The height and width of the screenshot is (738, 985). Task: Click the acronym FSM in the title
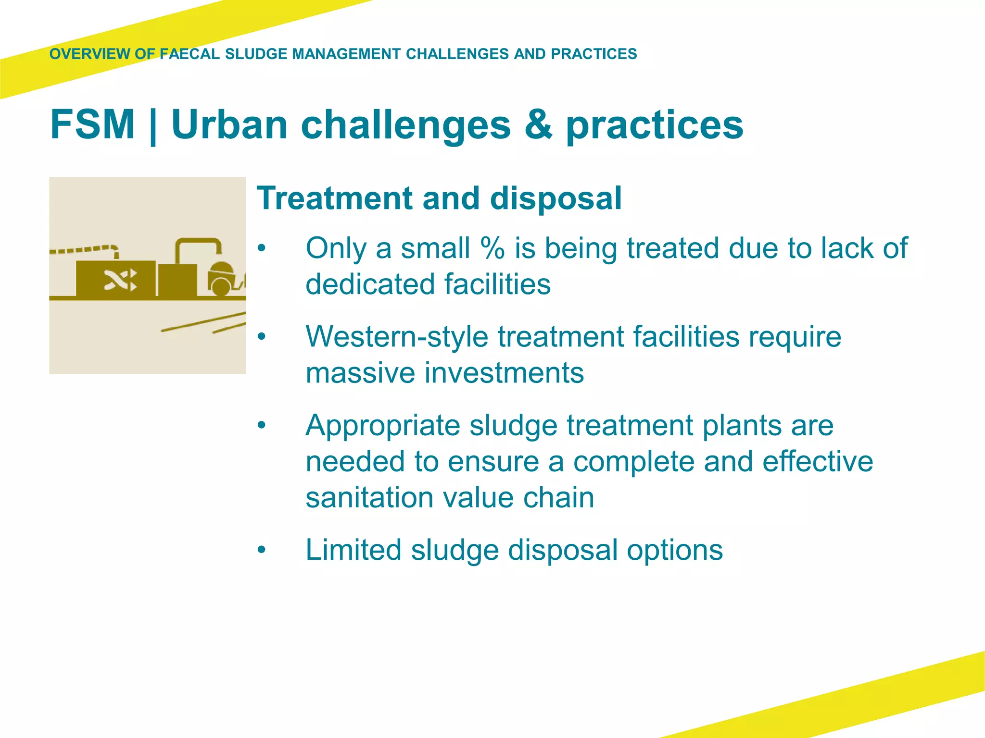(92, 124)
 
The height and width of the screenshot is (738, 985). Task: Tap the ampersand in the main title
(538, 124)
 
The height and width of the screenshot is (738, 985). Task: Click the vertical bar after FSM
(153, 126)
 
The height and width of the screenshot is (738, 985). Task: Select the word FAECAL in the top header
(189, 54)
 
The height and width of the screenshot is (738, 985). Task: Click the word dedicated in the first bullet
(370, 284)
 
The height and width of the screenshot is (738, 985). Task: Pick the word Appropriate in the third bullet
(383, 426)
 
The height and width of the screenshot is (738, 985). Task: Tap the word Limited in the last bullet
(353, 550)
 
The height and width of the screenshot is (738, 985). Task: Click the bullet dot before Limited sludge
(261, 550)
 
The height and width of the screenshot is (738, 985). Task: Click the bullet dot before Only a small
(261, 248)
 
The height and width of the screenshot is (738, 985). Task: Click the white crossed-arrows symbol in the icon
(120, 280)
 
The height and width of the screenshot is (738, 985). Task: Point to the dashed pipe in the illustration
(82, 249)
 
